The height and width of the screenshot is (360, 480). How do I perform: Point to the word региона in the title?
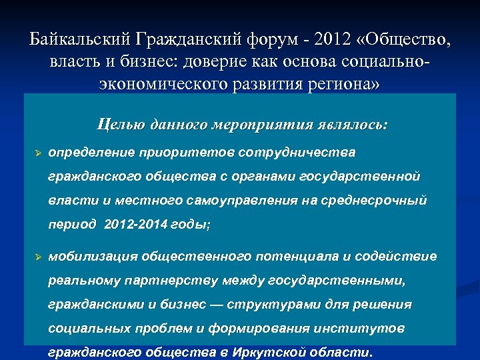[x=331, y=85]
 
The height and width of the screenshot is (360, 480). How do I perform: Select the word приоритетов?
[x=177, y=153]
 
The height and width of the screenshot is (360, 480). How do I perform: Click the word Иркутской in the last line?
[x=283, y=353]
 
